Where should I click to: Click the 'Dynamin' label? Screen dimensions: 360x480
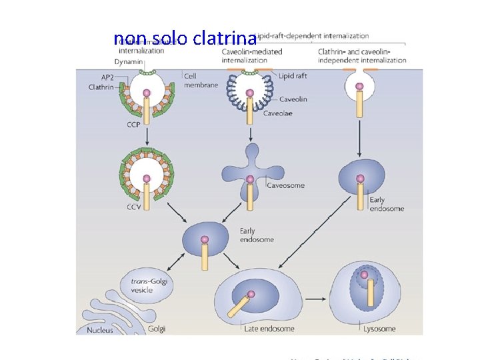click(127, 62)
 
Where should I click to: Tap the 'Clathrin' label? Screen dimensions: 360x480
click(103, 87)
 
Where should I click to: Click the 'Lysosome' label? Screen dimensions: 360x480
click(379, 329)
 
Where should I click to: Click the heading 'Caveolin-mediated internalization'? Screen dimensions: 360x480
click(251, 55)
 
